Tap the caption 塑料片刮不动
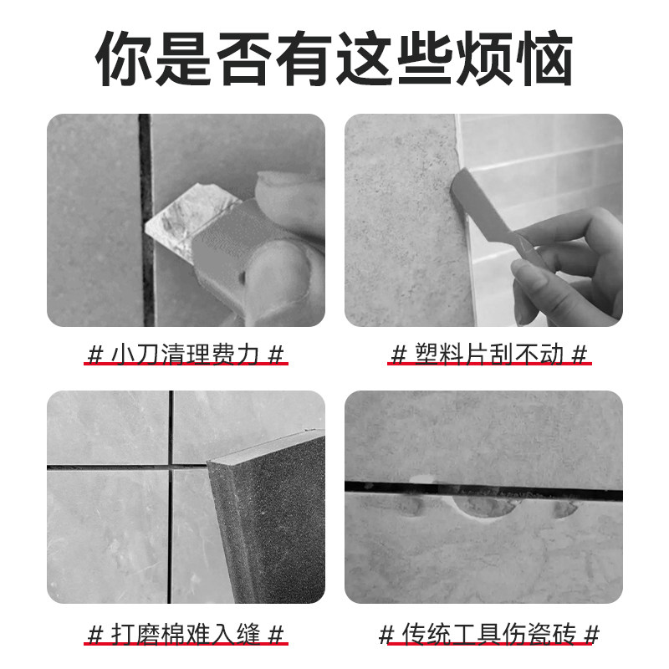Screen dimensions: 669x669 click(x=490, y=355)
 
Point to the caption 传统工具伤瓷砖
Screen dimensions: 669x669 click(x=490, y=633)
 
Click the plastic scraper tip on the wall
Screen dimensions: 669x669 click(x=465, y=185)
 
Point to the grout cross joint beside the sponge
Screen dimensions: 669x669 click(x=171, y=466)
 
